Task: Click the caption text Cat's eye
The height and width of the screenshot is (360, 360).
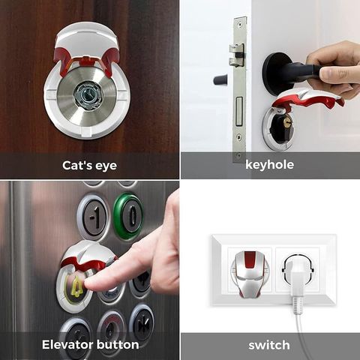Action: (89, 166)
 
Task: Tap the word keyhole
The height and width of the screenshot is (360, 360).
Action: (269, 165)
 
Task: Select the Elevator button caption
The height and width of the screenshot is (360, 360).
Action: (90, 344)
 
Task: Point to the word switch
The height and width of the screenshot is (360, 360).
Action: (269, 345)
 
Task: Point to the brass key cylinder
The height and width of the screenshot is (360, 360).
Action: (288, 123)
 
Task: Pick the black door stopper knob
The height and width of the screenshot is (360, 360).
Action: (220, 79)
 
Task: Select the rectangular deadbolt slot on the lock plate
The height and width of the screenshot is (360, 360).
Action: (239, 111)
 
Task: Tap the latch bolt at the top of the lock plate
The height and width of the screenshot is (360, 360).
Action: (236, 54)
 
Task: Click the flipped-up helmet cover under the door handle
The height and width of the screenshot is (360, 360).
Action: (308, 100)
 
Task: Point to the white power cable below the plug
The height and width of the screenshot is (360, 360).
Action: (303, 335)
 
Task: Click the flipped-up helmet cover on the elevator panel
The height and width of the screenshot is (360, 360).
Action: (88, 256)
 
